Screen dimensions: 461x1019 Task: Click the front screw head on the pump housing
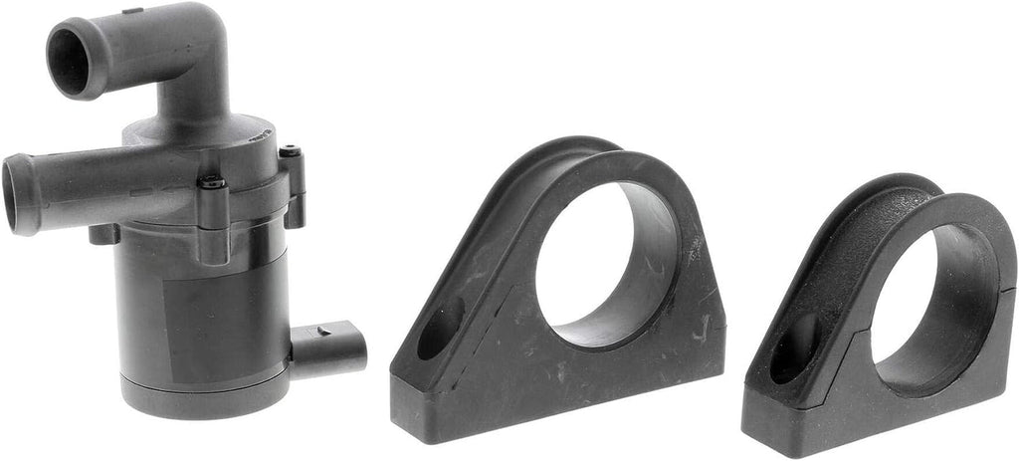212,184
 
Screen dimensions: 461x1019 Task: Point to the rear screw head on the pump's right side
290,153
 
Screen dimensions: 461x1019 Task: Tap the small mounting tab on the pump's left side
103,234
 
